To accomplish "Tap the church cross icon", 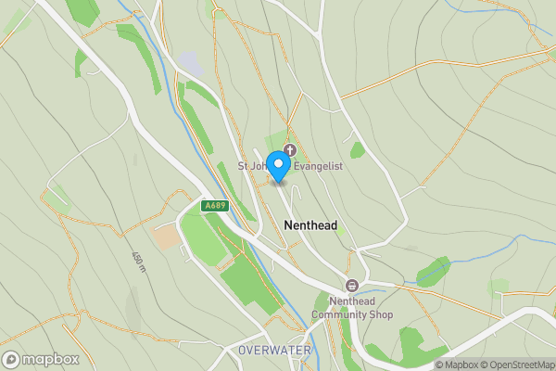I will coord(290,149).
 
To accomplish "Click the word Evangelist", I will coord(320,166).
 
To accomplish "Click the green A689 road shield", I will coord(215,205).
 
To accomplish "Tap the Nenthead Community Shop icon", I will coord(352,285).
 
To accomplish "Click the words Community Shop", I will coord(352,315).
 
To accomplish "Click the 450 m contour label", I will coord(138,262).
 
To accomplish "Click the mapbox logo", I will coord(41,359).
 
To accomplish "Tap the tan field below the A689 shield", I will coord(167,237).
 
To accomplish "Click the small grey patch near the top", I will coord(191,63).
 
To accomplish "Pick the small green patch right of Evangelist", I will coord(357,149).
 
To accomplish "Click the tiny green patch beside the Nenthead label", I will coord(341,228).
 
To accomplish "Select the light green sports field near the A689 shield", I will coord(202,237).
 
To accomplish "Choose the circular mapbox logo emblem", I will coord(11,359).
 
